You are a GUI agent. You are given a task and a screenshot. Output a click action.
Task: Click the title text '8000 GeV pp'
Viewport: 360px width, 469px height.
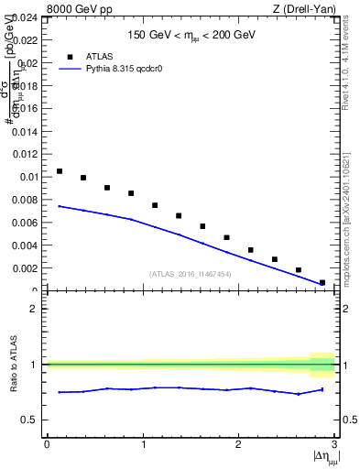coord(76,9)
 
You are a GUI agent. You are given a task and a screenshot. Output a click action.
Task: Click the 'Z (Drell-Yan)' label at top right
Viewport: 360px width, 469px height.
coord(305,9)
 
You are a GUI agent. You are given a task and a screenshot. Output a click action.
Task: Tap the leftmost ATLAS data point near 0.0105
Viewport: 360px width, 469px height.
coord(60,171)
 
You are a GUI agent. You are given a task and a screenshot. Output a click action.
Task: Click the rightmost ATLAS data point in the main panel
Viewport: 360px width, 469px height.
coord(322,282)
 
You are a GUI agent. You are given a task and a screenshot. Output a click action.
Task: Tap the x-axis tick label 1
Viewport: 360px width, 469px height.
coord(142,443)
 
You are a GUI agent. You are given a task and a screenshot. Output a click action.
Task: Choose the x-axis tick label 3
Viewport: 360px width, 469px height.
coord(334,443)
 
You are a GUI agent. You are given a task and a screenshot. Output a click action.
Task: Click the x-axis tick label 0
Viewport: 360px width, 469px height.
coord(47,443)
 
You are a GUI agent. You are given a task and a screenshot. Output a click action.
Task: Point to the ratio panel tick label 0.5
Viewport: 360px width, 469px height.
coord(30,420)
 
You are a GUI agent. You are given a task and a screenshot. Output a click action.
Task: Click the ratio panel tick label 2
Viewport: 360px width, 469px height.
coord(35,309)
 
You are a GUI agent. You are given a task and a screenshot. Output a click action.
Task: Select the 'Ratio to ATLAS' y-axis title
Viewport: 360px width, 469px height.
coord(14,365)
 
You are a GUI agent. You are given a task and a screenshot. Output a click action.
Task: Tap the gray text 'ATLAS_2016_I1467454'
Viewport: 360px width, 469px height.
coord(191,274)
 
